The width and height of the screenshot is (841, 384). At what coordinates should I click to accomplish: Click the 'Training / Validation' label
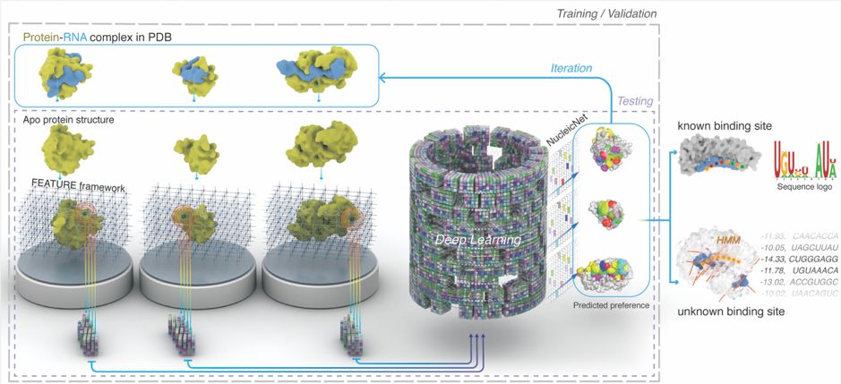click(607, 13)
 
